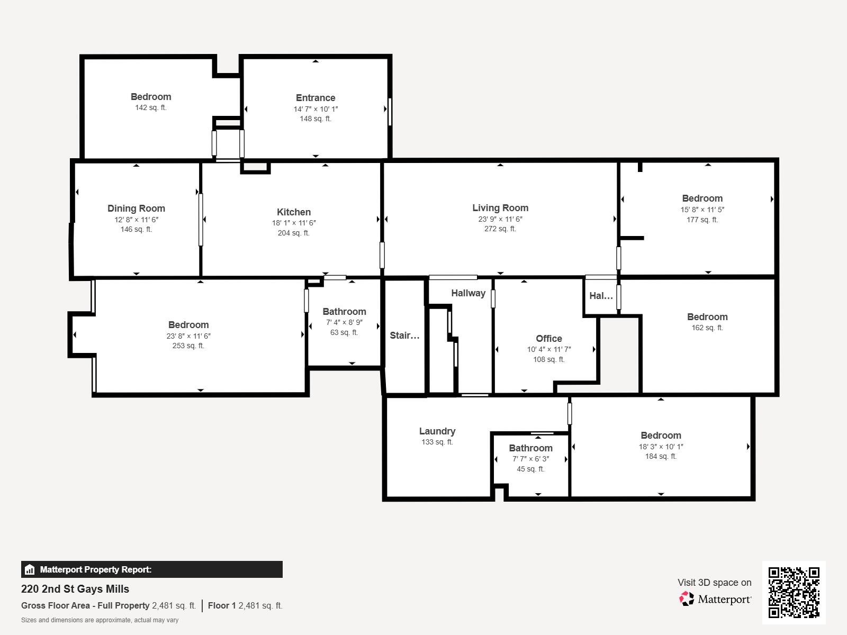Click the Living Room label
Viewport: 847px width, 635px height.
click(x=500, y=208)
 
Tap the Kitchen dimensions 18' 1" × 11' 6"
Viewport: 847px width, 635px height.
click(x=294, y=223)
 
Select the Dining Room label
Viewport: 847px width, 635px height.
click(x=136, y=208)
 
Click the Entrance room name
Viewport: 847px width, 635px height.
click(x=316, y=98)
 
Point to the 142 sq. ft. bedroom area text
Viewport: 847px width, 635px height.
click(x=151, y=107)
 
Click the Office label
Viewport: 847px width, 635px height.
click(x=549, y=339)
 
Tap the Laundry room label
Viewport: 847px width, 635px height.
click(x=437, y=431)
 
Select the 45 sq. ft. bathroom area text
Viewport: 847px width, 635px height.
click(x=530, y=469)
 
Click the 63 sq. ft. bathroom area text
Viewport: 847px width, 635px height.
click(x=344, y=332)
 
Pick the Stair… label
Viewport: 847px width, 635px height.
click(x=404, y=335)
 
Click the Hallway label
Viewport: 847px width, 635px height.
click(x=468, y=293)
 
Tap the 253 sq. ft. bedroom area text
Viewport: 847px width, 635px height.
click(x=188, y=346)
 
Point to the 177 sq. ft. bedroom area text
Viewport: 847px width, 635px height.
click(x=702, y=220)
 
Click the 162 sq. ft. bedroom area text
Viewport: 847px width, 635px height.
click(x=707, y=328)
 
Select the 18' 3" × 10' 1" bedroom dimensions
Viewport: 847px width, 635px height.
click(x=661, y=446)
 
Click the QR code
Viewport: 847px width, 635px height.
click(x=794, y=592)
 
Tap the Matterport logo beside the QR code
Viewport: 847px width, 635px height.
click(x=716, y=599)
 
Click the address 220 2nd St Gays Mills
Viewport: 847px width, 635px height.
click(x=75, y=589)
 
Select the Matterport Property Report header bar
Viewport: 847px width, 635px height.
click(x=151, y=569)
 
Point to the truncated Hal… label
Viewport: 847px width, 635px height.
click(x=601, y=296)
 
